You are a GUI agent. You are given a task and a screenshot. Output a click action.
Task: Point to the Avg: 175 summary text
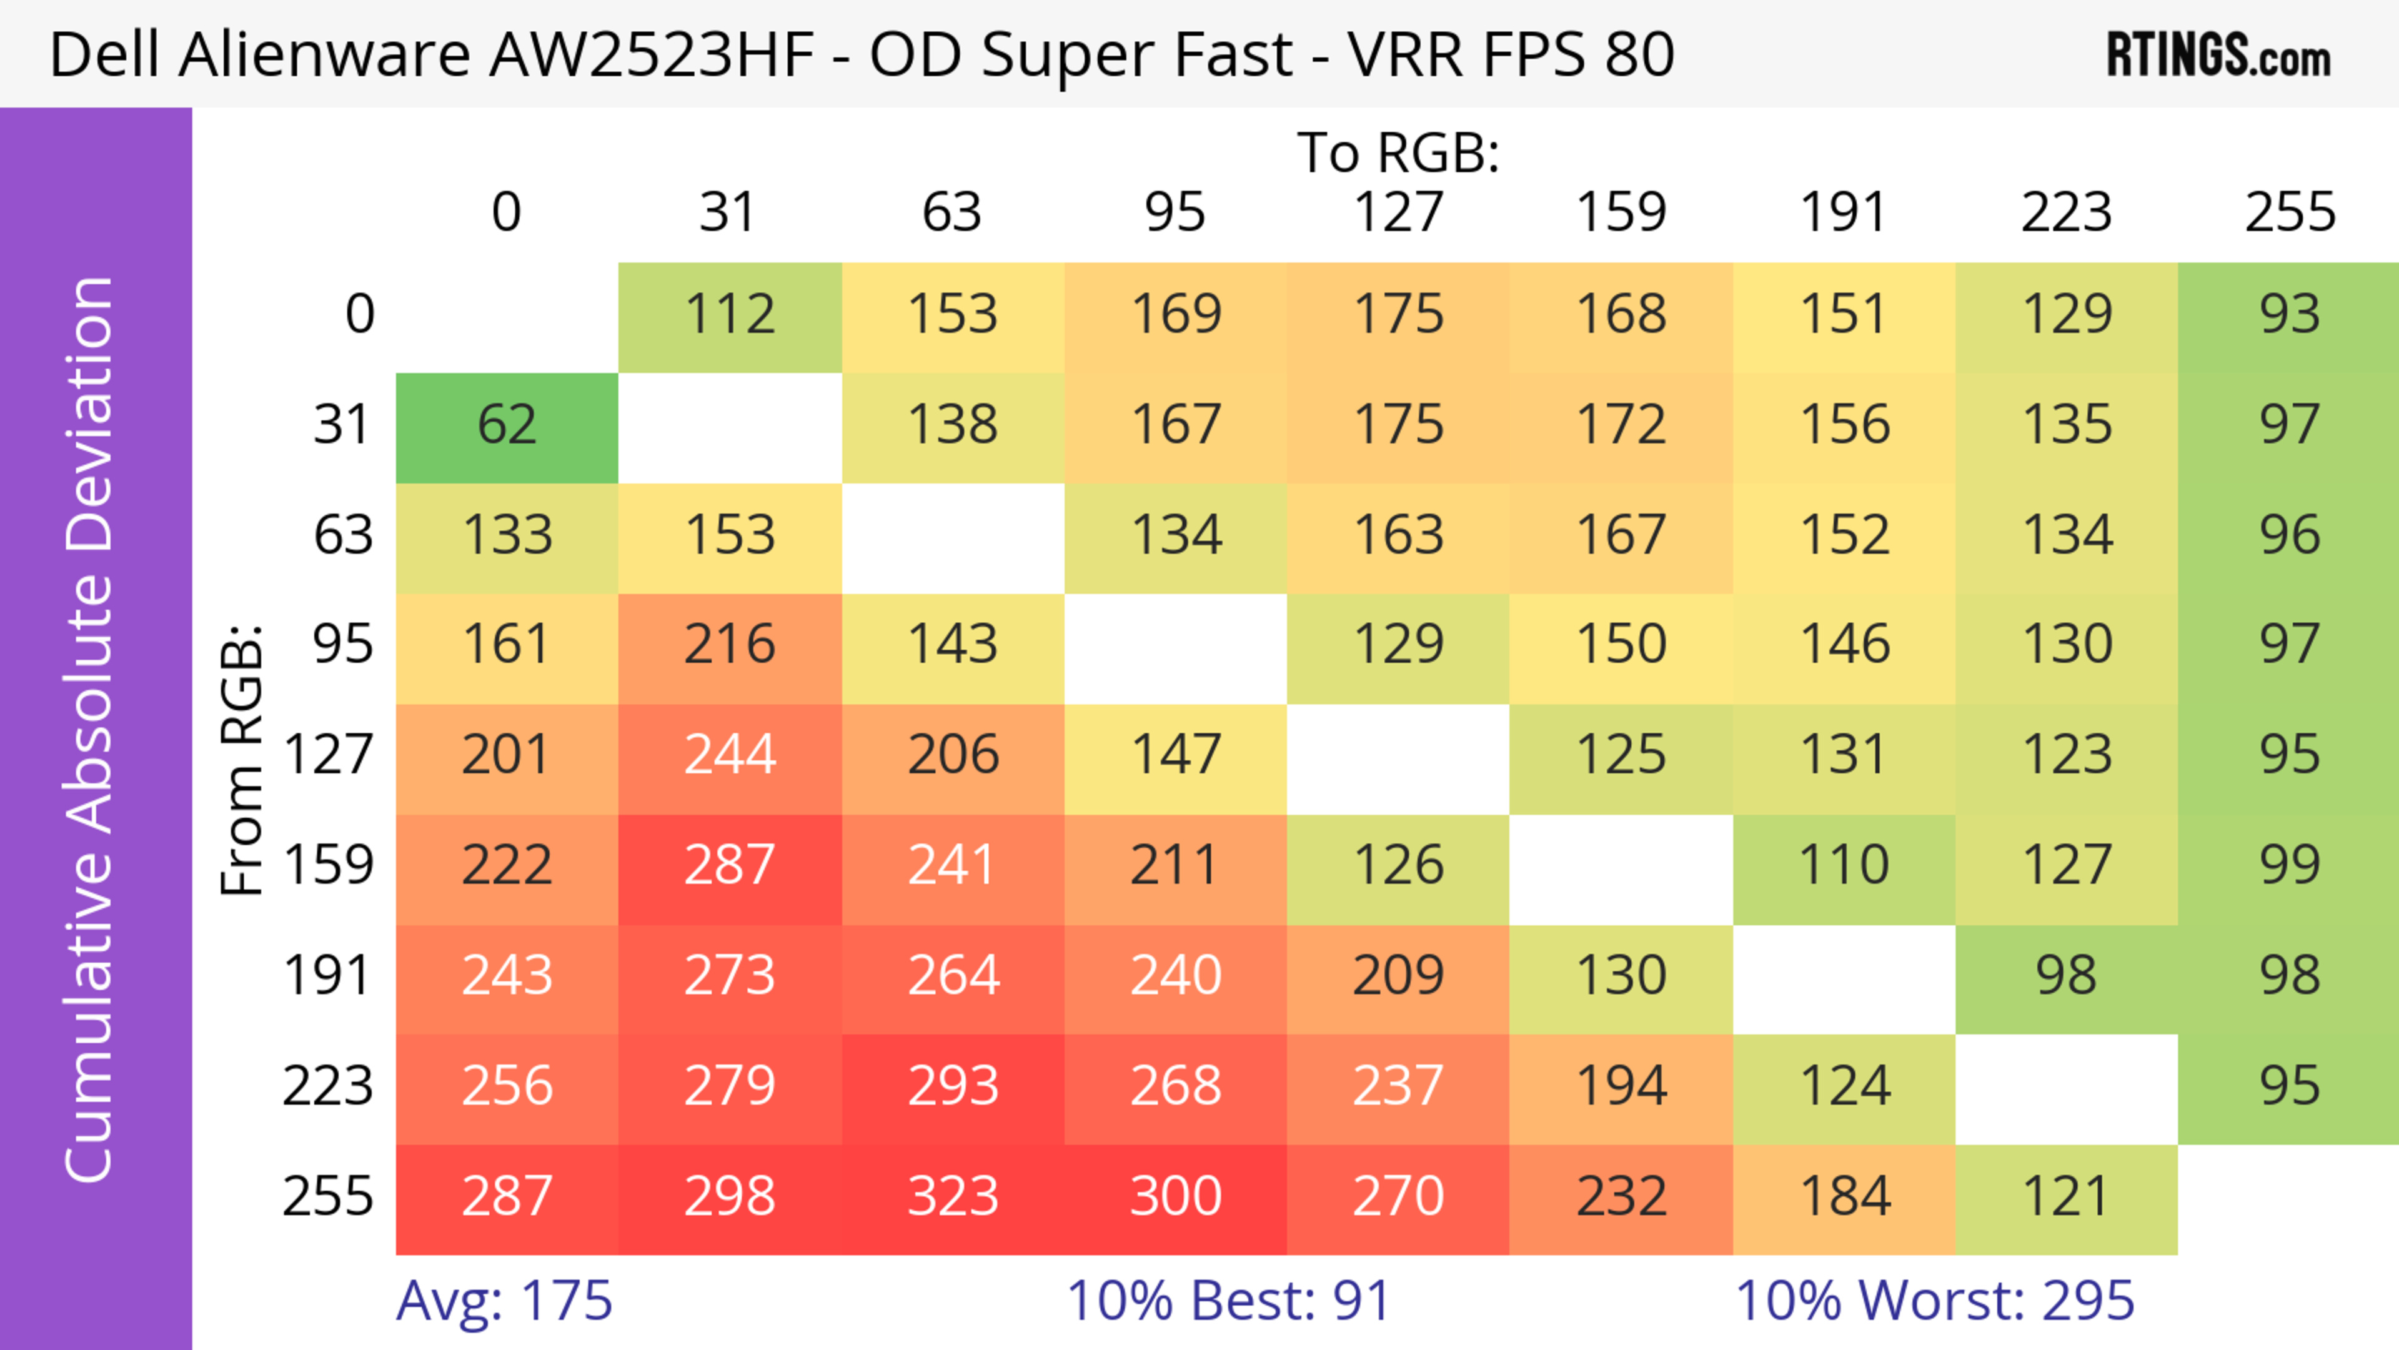coord(504,1301)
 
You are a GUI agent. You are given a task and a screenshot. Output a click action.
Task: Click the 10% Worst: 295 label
coord(1934,1301)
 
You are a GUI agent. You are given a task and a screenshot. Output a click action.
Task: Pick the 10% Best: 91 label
coord(1228,1301)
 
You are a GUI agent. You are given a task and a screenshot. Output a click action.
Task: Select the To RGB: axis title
coord(1398,152)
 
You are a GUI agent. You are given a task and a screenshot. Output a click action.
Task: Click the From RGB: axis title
coord(242,760)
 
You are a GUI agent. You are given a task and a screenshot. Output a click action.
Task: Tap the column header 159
coord(1621,212)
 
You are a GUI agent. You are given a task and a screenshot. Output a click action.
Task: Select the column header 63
coord(951,212)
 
